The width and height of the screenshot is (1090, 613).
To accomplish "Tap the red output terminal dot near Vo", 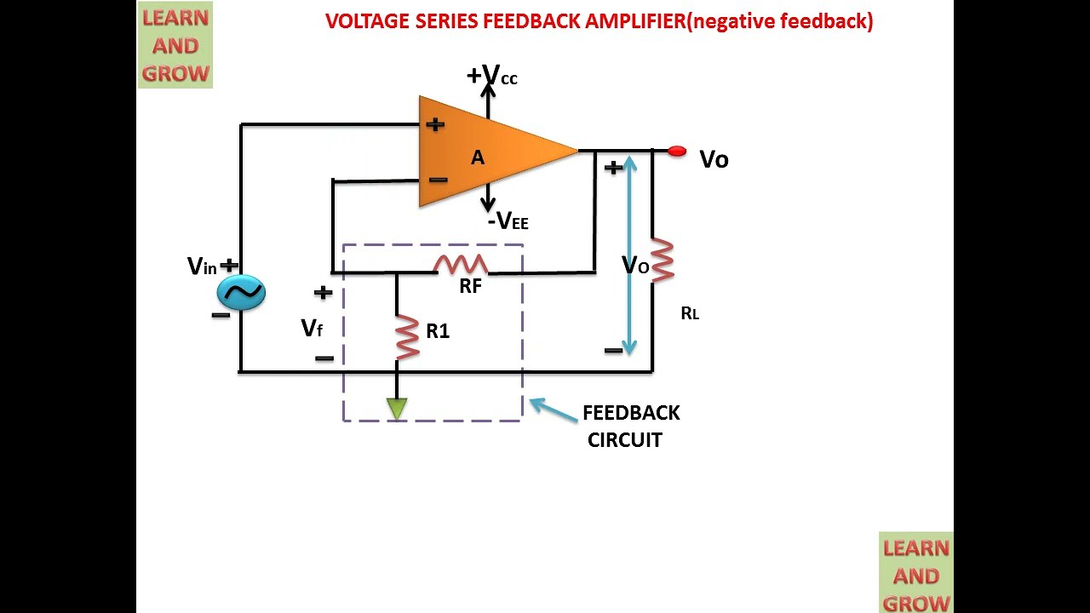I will [677, 152].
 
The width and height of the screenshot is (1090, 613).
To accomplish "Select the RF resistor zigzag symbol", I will [461, 264].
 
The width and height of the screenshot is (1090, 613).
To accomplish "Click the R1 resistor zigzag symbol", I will [408, 337].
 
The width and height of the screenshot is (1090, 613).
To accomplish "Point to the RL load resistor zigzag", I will [663, 260].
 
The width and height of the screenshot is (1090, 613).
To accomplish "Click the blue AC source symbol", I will [241, 293].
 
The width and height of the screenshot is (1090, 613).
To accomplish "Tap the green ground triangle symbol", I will [397, 408].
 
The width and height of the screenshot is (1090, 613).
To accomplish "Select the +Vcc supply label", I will [492, 77].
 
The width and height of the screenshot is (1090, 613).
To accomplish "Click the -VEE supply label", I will [508, 221].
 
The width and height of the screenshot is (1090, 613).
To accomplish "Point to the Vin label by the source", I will [203, 266].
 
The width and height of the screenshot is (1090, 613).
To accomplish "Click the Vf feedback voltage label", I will [312, 328].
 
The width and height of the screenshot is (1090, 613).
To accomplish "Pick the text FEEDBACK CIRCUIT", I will [630, 426].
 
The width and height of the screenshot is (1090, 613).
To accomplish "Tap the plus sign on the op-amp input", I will [435, 124].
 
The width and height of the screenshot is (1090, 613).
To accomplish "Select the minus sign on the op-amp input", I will [438, 180].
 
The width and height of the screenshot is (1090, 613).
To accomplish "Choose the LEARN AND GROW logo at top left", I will [175, 45].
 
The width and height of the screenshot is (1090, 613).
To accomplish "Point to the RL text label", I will [690, 313].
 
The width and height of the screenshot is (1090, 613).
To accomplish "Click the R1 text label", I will [438, 331].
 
